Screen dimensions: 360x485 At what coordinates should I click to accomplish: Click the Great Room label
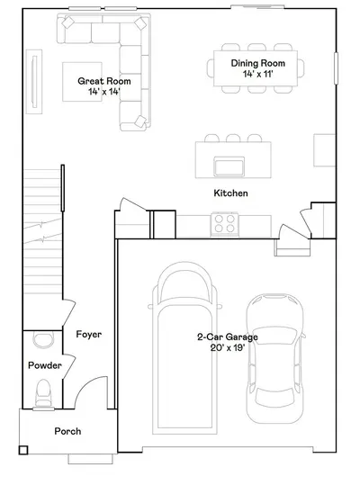[104, 81]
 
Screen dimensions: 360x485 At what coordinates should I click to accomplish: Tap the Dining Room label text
[258, 63]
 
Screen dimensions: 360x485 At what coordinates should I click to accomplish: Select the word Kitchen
[230, 193]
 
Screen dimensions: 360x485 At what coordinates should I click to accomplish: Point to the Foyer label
[89, 335]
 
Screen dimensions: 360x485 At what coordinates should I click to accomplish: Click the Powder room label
[45, 365]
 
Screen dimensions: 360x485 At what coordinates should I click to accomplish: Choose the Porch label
[67, 431]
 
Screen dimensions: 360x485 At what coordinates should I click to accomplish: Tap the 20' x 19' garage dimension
[228, 347]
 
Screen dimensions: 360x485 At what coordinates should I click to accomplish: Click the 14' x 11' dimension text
[258, 74]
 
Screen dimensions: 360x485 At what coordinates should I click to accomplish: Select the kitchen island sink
[229, 166]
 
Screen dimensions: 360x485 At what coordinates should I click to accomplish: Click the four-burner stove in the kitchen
[224, 224]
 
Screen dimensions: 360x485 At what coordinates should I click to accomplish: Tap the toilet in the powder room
[43, 393]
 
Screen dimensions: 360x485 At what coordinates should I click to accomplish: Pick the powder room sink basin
[43, 339]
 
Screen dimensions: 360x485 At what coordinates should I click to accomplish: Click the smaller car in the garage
[274, 358]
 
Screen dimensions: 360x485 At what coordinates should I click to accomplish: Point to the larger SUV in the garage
[184, 348]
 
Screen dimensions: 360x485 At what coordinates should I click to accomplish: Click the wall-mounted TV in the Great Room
[34, 82]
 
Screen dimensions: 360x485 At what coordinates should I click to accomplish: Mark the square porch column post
[23, 450]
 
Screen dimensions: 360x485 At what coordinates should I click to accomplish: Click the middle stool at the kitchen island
[233, 138]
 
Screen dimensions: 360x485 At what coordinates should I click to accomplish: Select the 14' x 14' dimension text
[104, 92]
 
